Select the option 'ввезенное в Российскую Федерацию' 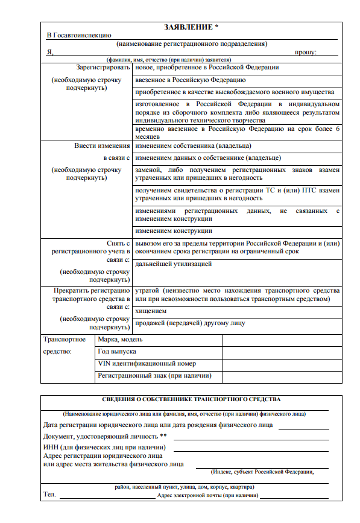190,80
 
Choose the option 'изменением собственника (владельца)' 193,146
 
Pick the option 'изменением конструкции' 174,230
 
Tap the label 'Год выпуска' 117,351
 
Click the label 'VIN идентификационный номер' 147,364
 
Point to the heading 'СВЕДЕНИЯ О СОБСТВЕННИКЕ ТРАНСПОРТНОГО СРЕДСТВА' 191,399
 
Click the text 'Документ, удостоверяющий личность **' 105,436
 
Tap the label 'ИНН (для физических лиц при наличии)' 104,447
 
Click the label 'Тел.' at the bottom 49,495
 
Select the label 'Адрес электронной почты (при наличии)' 207,495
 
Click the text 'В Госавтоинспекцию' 79,36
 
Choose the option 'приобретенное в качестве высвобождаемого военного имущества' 235,92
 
